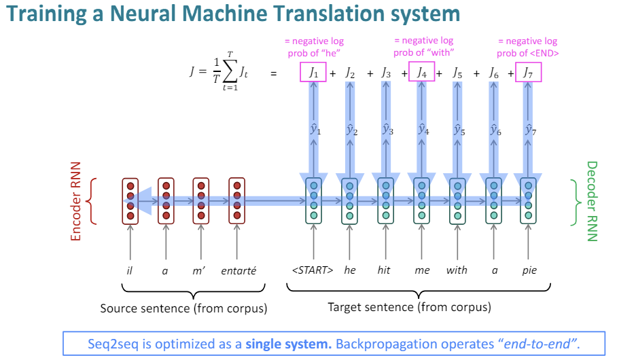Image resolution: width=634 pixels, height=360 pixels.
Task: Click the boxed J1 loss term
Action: (313, 71)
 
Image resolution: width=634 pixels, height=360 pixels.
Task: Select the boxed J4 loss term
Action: (421, 71)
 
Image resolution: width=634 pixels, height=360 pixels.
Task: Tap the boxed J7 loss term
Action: (528, 71)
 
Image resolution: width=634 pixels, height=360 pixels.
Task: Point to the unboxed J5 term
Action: (457, 72)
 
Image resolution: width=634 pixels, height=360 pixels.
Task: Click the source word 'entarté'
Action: (239, 270)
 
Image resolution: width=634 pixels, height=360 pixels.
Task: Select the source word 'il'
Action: (129, 270)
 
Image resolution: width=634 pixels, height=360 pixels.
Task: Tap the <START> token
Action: (313, 270)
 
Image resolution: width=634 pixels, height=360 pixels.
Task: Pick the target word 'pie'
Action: (529, 270)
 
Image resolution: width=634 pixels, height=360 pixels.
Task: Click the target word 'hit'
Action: (385, 270)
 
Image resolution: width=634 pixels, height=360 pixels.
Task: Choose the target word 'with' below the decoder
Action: (457, 270)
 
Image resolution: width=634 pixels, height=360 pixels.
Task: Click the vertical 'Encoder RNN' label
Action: (76, 201)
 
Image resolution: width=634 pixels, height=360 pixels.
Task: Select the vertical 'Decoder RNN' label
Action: (591, 201)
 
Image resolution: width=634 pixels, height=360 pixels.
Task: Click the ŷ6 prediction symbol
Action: (494, 129)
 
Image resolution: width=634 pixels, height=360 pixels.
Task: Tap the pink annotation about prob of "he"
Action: (313, 47)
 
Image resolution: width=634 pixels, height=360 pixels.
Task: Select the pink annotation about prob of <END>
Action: (527, 47)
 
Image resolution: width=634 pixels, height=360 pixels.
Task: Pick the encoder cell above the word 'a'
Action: (166, 200)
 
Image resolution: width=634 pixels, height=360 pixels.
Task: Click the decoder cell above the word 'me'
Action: (421, 200)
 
